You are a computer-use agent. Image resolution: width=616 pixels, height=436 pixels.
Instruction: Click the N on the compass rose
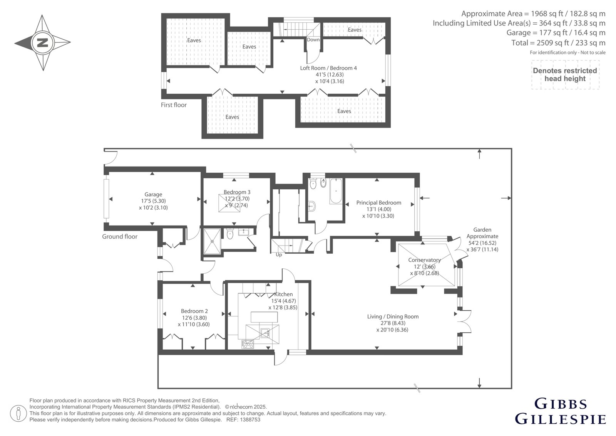tap(42, 43)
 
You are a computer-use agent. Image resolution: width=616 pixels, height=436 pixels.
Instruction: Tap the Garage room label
tap(153, 194)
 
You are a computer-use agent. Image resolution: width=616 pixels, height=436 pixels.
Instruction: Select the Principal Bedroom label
tap(379, 203)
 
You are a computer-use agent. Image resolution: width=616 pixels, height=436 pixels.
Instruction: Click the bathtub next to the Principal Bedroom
tap(336, 191)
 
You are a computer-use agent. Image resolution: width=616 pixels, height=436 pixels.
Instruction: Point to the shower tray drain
tap(212, 241)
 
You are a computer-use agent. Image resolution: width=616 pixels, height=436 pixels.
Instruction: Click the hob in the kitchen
tap(248, 344)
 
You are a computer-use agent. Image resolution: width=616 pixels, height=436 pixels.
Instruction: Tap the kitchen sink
tap(265, 333)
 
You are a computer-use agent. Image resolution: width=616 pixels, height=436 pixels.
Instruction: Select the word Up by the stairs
tap(279, 255)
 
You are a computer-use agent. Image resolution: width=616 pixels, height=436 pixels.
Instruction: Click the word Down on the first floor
tap(313, 40)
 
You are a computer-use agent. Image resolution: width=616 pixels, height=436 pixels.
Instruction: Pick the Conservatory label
tap(424, 260)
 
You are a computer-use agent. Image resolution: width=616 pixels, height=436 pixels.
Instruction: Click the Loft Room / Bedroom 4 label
tap(328, 68)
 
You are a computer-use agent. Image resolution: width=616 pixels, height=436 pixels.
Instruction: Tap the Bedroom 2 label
tap(194, 311)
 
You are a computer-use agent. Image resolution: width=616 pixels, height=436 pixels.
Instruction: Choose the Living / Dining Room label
tap(393, 316)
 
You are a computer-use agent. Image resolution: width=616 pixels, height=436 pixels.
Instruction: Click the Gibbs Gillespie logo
tap(560, 411)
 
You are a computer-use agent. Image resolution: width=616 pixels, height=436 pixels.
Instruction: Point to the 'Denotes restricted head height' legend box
tap(565, 75)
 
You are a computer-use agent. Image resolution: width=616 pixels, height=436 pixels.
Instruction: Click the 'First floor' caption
tap(174, 105)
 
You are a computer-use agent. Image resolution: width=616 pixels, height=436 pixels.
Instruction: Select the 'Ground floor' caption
tap(120, 237)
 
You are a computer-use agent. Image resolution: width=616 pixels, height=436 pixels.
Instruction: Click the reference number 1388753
tap(250, 420)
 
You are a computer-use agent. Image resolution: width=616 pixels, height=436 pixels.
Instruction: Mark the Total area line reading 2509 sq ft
tap(558, 43)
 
